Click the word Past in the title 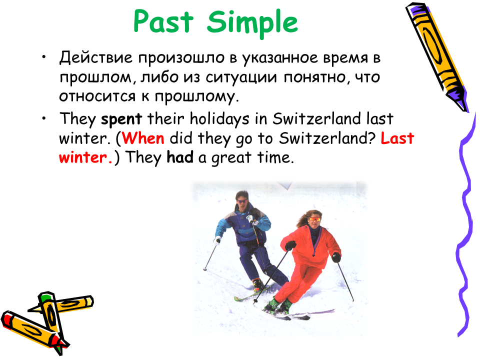pyautogui.click(x=163, y=21)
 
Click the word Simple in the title pyautogui.click(x=252, y=23)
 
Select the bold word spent pyautogui.click(x=121, y=119)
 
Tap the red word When pyautogui.click(x=143, y=138)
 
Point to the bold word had pyautogui.click(x=180, y=157)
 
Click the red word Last pyautogui.click(x=397, y=138)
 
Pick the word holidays pyautogui.click(x=219, y=119)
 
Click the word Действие pyautogui.click(x=96, y=57)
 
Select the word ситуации pyautogui.click(x=241, y=78)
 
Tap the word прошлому pyautogui.click(x=196, y=97)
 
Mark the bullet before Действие pyautogui.click(x=44, y=56)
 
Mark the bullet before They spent pyautogui.click(x=44, y=118)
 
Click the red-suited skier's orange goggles pyautogui.click(x=314, y=219)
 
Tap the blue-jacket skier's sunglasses pyautogui.click(x=242, y=201)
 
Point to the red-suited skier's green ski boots pyautogui.click(x=277, y=305)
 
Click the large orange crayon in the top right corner pyautogui.click(x=437, y=56)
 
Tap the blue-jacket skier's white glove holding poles pyautogui.click(x=251, y=219)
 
